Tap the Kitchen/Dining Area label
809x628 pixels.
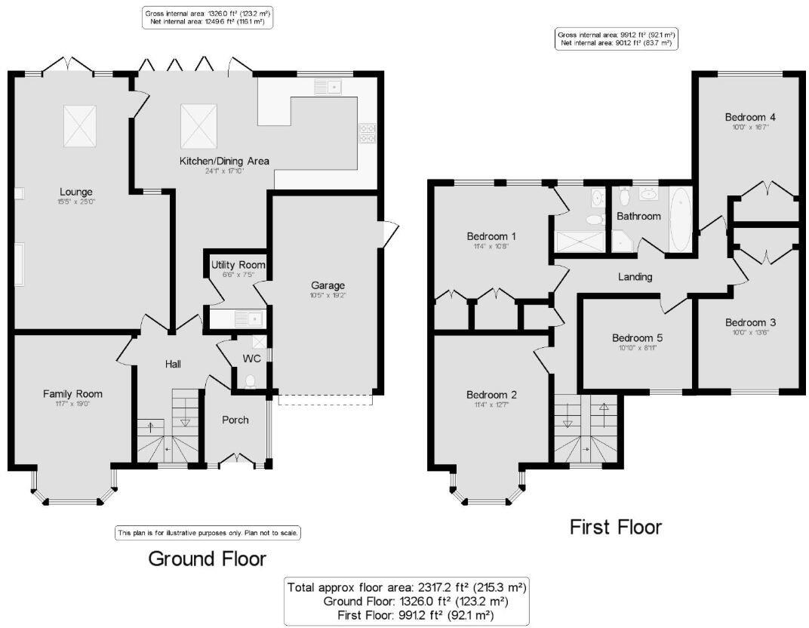click(x=223, y=161)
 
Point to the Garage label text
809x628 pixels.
click(x=328, y=285)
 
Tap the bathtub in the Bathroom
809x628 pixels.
click(x=679, y=220)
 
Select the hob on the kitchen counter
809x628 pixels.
click(x=368, y=133)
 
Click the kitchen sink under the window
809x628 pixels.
click(x=328, y=88)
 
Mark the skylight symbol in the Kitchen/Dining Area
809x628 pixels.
click(x=199, y=125)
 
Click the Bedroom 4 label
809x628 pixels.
click(x=750, y=117)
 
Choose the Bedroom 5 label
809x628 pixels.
click(x=637, y=337)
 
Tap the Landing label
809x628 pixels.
click(x=635, y=277)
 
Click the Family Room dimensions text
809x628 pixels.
click(x=72, y=405)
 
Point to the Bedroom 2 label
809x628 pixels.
click(x=491, y=395)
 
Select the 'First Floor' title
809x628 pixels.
click(x=615, y=527)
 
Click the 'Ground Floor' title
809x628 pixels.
click(x=207, y=559)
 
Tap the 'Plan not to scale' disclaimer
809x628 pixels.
click(x=208, y=532)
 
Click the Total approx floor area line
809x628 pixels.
click(x=406, y=586)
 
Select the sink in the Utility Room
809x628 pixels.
click(x=247, y=318)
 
